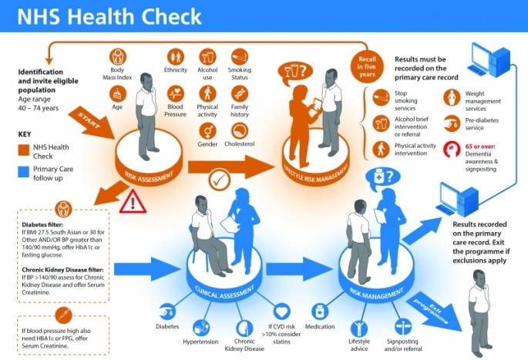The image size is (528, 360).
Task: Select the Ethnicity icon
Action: (x=176, y=57)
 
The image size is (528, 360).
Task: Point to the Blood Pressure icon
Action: (x=176, y=92)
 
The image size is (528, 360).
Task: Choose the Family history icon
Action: (x=239, y=92)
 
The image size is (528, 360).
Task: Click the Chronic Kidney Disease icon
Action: (x=244, y=328)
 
